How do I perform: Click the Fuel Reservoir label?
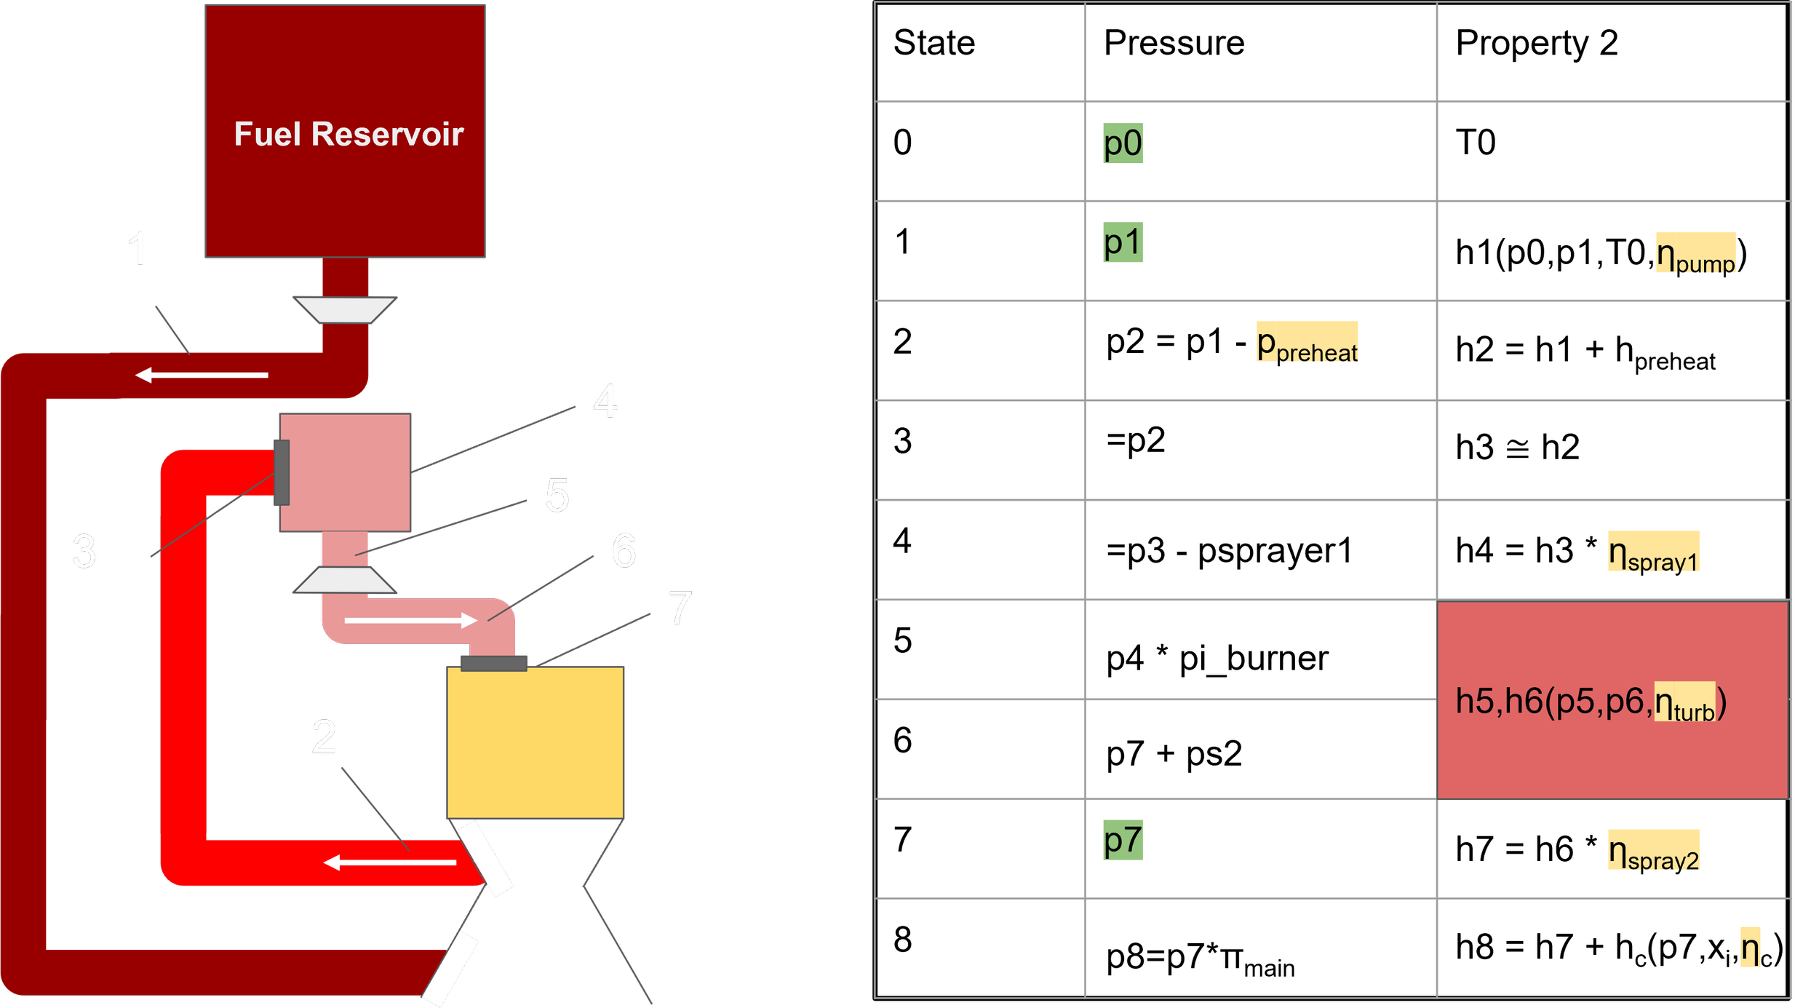(349, 135)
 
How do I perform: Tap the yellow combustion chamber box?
(535, 742)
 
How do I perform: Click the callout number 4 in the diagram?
(605, 401)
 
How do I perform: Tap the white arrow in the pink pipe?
(410, 620)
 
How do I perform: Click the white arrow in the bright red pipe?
(390, 862)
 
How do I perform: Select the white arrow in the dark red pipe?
(202, 375)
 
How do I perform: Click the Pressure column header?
(1174, 43)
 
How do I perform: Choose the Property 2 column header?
(1536, 43)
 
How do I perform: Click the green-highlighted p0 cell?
(1123, 143)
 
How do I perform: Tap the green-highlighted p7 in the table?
(1123, 840)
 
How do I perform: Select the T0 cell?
(1476, 143)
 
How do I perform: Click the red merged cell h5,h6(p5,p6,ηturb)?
(1612, 700)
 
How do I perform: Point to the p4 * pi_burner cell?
(1217, 659)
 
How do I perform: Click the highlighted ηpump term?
(1695, 254)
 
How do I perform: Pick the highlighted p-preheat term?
(1307, 343)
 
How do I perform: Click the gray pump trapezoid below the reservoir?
(345, 309)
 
